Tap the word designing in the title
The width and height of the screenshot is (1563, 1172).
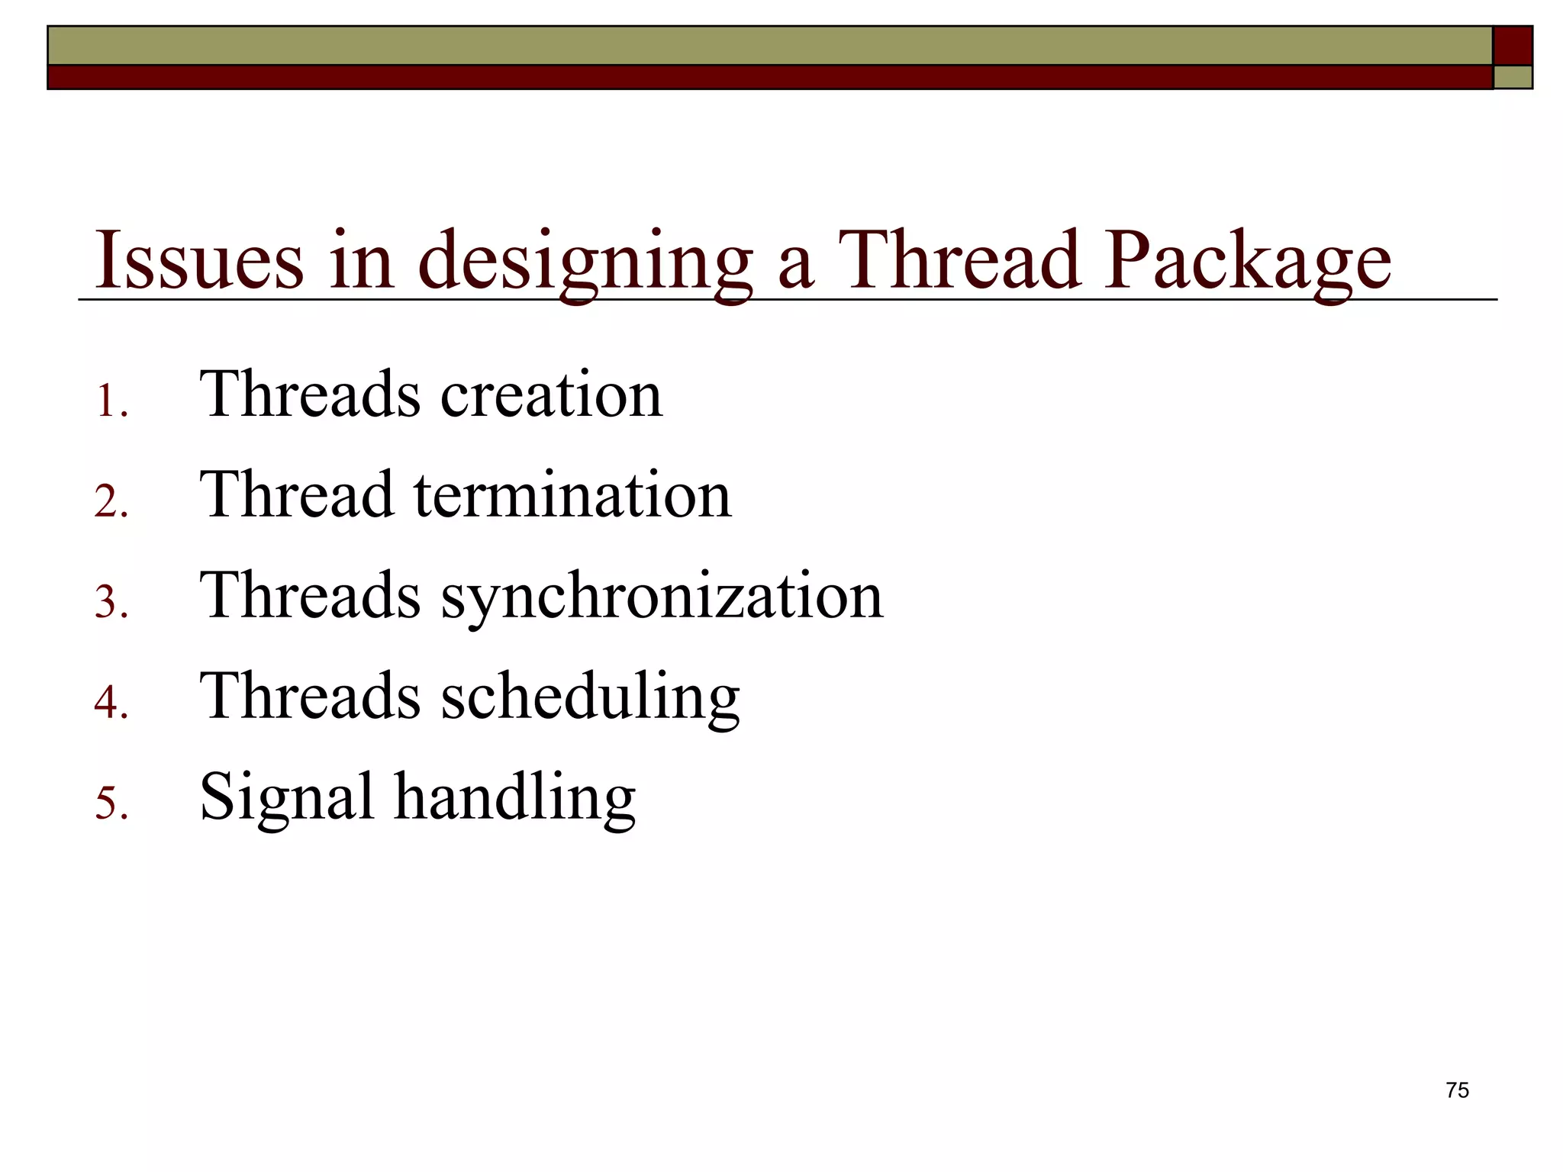coord(585,262)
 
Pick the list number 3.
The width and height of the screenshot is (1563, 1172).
coord(111,603)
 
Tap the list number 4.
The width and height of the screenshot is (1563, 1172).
coord(111,703)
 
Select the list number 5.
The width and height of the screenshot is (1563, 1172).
coord(111,803)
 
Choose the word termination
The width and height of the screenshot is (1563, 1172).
coord(572,495)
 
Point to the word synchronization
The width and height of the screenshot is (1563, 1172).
coord(662,597)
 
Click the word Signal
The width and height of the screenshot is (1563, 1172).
coord(286,798)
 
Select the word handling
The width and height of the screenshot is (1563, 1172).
coord(514,798)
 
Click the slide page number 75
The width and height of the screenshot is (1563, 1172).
coord(1457,1090)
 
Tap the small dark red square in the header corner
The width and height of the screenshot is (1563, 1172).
coord(1513,46)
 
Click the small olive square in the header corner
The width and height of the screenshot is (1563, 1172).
coord(1513,77)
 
